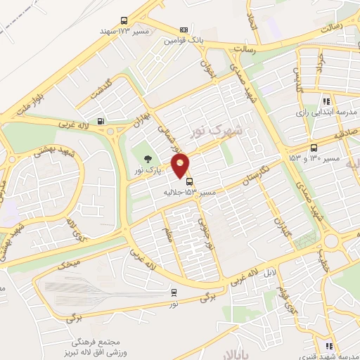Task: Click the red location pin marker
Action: coord(181,165)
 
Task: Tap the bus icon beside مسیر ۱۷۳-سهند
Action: coord(124,21)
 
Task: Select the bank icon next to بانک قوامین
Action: coord(184,30)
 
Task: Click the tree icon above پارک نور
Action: coord(147,160)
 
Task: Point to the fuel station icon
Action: coord(102,120)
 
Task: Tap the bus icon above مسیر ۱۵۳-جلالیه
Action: coord(189,181)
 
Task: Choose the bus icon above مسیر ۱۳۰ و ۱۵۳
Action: coord(313,148)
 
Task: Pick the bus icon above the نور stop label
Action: coord(174,292)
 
